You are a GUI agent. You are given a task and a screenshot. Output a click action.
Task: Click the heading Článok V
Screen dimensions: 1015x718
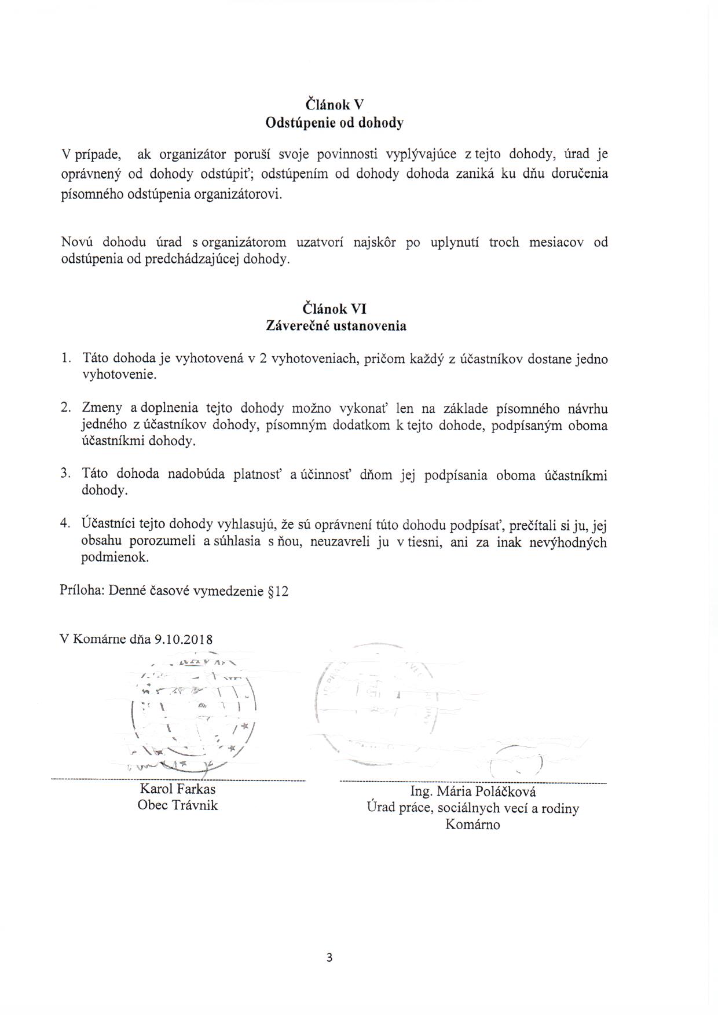[334, 105]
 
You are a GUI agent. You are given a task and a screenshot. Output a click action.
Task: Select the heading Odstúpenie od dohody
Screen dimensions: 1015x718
[334, 123]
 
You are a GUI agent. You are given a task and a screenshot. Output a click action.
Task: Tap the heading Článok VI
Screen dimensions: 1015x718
[335, 309]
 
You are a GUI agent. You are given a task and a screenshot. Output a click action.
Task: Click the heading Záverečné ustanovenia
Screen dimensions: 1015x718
[335, 326]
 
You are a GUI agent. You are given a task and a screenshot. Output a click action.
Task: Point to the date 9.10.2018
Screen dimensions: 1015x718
[184, 640]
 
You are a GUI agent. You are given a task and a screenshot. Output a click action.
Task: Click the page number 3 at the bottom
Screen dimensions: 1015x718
[329, 958]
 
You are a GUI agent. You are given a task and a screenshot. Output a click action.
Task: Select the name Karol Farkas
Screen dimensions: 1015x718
[177, 789]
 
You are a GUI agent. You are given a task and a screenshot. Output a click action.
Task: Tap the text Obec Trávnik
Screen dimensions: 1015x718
[177, 805]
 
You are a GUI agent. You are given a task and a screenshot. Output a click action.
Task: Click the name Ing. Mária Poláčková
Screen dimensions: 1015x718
[472, 792]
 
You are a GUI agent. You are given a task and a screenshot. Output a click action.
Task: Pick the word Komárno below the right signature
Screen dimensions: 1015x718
[472, 825]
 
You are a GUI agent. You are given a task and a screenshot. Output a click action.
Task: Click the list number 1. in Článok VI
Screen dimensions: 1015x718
[66, 359]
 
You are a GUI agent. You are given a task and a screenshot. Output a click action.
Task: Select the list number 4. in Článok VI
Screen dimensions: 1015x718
[65, 524]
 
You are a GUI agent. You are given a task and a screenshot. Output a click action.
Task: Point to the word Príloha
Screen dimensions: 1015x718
[82, 591]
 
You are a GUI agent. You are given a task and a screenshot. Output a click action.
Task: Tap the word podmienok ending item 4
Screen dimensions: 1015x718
[115, 558]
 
